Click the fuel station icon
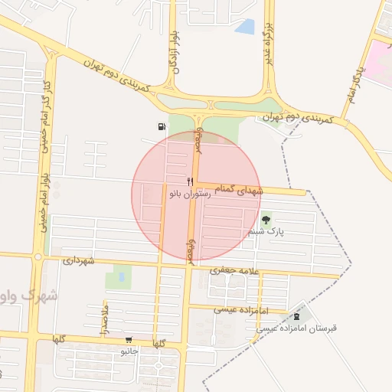click(160, 127)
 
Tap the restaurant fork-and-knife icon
click(190, 182)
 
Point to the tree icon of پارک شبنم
click(266, 219)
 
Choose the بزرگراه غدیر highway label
click(269, 43)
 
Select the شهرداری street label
click(80, 261)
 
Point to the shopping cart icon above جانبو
click(128, 340)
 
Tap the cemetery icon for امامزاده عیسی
click(296, 316)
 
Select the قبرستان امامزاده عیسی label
click(296, 328)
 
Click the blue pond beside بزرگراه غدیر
click(245, 27)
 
